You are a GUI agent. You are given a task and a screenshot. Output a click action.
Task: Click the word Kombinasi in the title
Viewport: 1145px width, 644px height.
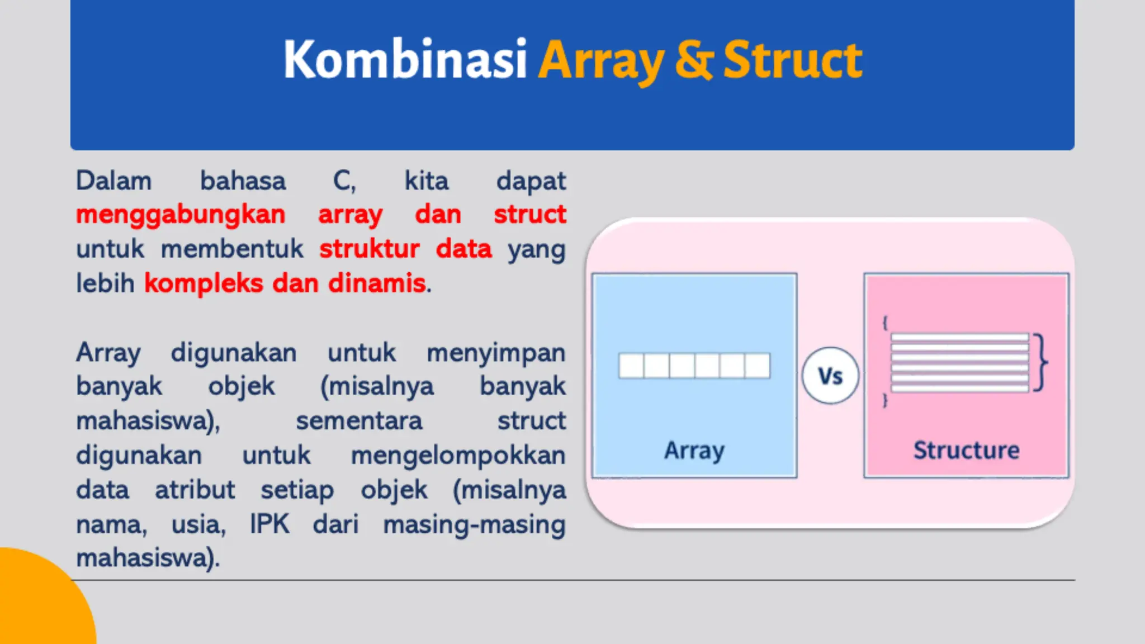(x=405, y=60)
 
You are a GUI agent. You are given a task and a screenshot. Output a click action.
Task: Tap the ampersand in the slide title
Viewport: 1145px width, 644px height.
(x=693, y=60)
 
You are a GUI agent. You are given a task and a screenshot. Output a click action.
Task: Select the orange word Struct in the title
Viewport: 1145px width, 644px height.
(x=793, y=60)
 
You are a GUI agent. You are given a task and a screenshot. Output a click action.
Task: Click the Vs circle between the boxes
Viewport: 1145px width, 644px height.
(x=830, y=376)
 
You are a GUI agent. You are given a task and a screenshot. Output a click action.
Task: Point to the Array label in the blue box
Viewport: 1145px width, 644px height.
(x=694, y=451)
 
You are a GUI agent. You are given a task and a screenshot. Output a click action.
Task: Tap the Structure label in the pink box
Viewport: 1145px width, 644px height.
(x=966, y=451)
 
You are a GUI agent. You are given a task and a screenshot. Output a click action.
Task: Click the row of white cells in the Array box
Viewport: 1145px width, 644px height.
(x=694, y=366)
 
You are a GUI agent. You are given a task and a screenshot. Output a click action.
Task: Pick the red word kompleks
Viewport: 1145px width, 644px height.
(x=204, y=283)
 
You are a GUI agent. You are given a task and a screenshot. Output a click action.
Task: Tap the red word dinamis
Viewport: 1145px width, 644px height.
(x=377, y=283)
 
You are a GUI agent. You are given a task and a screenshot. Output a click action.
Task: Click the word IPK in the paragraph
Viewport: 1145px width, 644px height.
(x=269, y=524)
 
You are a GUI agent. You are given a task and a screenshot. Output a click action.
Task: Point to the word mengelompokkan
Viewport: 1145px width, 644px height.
(x=458, y=456)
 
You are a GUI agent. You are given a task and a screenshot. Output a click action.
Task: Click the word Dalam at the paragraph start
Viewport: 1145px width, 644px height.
(x=114, y=181)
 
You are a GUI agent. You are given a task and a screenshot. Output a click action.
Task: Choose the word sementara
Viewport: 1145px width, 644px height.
(x=359, y=421)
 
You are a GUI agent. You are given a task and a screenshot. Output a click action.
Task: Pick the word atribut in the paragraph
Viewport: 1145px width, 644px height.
(x=195, y=490)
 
